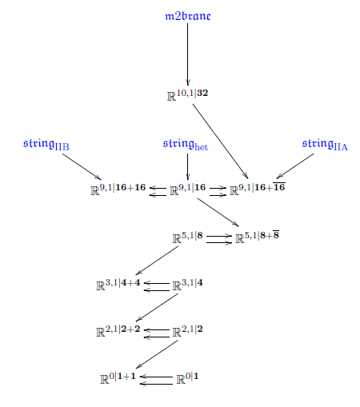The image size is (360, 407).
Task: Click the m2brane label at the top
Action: click(188, 16)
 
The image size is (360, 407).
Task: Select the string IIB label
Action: click(46, 145)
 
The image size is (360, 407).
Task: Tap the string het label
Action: click(186, 145)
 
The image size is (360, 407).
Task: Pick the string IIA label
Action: click(325, 145)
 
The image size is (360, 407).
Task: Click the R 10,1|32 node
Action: click(187, 95)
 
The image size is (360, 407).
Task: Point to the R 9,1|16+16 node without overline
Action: click(118, 190)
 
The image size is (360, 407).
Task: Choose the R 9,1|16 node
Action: click(188, 190)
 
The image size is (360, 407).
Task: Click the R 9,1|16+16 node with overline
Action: click(258, 189)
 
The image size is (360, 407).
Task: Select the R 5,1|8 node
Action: click(187, 237)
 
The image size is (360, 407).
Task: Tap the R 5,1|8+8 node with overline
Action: click(257, 237)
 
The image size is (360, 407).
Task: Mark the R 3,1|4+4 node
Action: click(118, 284)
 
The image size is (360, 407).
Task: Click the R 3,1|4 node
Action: click(187, 284)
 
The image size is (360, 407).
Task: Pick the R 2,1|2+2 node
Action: click(118, 331)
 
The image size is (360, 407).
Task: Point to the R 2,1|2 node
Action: click(187, 331)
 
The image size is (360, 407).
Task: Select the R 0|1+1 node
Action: click(118, 378)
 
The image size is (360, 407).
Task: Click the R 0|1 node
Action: click(187, 378)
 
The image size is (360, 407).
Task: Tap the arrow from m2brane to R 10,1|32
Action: click(187, 54)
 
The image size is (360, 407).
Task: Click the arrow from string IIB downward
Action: click(82, 166)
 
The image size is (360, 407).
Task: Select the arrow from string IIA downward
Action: click(295, 166)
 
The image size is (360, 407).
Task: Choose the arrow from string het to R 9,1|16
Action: click(187, 166)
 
